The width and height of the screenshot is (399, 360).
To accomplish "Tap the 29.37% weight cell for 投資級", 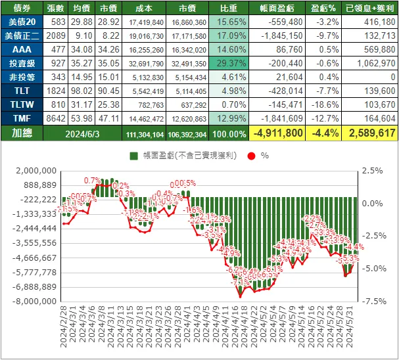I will [227, 64].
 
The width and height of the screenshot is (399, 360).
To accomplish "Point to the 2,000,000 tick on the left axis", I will [34, 170].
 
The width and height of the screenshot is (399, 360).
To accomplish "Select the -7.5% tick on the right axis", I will [371, 302].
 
